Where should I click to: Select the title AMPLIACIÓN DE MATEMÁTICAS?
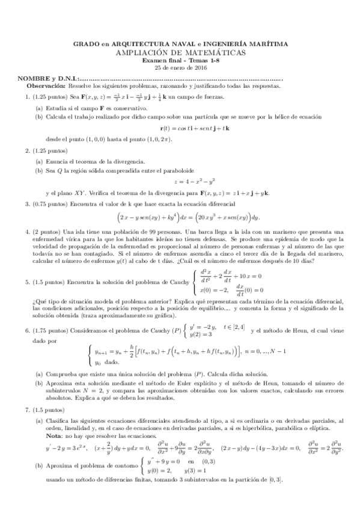click(180, 52)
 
